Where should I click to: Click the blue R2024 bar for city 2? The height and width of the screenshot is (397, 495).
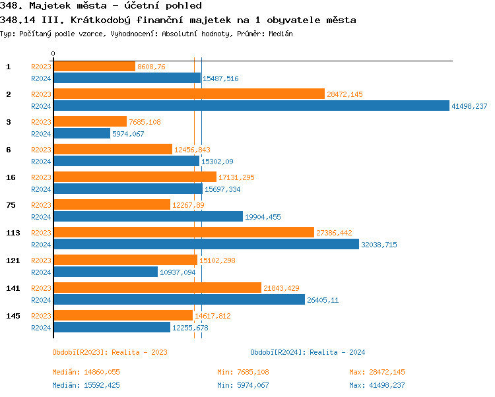coord(251,106)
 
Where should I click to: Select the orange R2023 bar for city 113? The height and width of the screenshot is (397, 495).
coord(183,232)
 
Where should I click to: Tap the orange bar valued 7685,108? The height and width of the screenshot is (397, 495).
coord(90,121)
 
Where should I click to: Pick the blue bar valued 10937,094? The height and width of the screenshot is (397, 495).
coord(106,272)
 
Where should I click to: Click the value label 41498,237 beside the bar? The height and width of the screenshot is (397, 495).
coord(469,106)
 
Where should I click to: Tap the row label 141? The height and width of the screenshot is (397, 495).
coord(12,288)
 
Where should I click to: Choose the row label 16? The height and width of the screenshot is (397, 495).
coord(10,177)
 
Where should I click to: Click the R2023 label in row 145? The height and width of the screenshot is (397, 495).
coord(41,316)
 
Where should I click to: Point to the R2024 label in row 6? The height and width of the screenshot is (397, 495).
coord(41,162)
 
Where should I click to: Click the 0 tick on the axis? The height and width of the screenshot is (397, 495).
coord(53,53)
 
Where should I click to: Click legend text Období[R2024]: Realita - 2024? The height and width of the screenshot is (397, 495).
coord(308,352)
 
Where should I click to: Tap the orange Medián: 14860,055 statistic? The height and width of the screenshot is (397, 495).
coord(86,372)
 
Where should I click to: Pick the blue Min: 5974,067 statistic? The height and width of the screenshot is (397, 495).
coord(243,385)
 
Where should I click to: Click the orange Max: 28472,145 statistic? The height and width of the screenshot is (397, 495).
coord(377,372)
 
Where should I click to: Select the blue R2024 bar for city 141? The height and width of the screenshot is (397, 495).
coord(179,299)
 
